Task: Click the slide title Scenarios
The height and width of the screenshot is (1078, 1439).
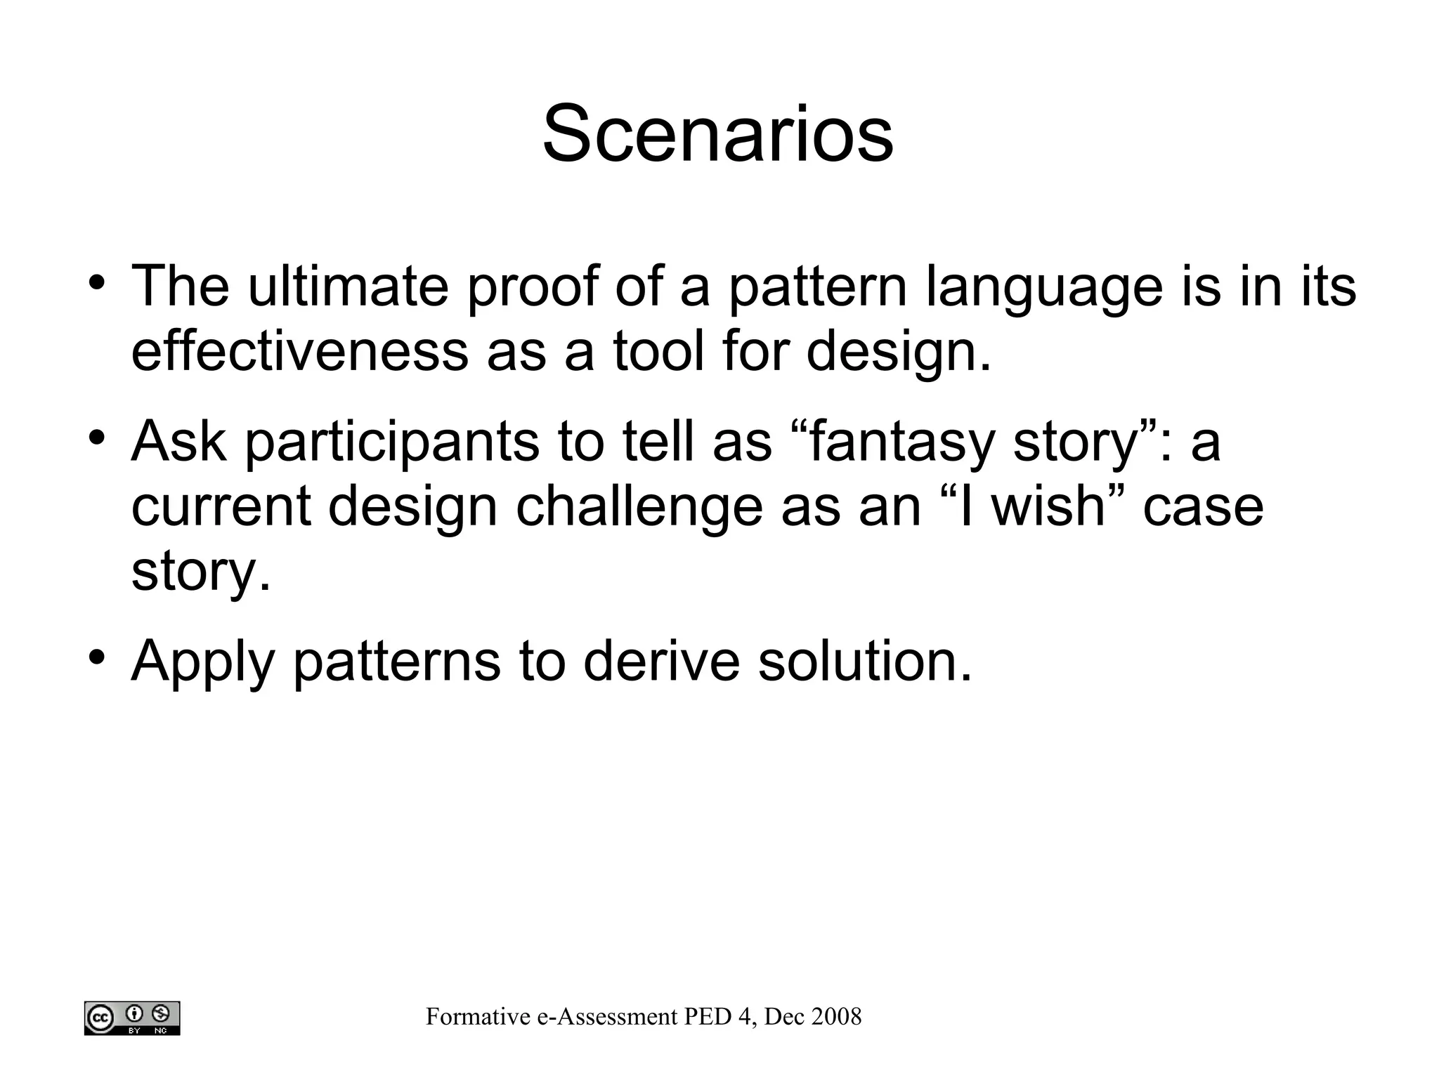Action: click(x=717, y=134)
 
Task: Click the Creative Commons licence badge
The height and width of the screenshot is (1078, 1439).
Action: click(x=132, y=1018)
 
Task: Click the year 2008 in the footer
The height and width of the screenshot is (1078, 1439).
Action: click(x=836, y=1016)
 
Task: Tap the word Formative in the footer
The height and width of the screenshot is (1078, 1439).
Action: click(x=478, y=1016)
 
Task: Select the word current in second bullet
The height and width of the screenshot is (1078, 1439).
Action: click(x=221, y=507)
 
